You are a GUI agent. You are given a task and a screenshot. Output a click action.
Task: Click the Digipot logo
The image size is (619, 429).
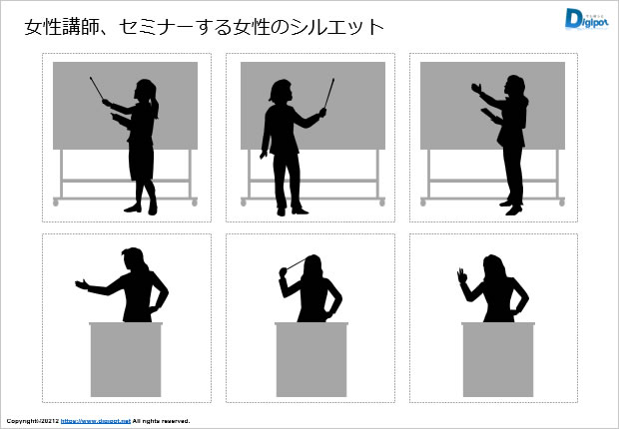coord(586,19)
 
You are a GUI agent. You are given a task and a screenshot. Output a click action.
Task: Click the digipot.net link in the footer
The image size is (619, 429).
coord(96,421)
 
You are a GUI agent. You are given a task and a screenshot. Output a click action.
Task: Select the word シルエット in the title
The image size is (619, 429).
coord(337,28)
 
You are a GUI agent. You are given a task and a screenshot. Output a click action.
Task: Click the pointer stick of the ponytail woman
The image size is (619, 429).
coord(97,89)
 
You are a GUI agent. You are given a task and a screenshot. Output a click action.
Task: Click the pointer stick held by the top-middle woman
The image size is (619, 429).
coord(329,93)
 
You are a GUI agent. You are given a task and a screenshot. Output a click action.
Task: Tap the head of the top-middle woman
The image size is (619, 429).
coord(282,91)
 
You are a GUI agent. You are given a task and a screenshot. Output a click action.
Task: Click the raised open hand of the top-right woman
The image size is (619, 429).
coord(476,88)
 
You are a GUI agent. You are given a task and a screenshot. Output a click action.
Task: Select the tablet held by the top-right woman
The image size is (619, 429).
coord(488,114)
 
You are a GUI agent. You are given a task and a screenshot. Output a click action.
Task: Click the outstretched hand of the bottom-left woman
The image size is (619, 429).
coord(82,284)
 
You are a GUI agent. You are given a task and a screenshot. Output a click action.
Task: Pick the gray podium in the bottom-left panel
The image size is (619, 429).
coord(126,359)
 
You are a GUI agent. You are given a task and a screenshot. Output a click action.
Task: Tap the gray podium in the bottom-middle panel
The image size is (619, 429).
coord(311,359)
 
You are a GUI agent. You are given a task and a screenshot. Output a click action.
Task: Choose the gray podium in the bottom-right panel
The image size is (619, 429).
coord(498,359)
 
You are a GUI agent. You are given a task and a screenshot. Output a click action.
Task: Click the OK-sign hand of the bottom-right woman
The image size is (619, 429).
coord(462,275)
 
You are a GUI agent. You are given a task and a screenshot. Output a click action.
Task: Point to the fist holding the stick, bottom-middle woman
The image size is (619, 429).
coord(283,272)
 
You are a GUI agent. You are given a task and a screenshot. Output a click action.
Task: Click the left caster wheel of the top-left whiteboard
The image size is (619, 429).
coord(56,203)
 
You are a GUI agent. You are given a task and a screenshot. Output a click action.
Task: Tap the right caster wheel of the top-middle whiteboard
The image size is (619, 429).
coord(381,203)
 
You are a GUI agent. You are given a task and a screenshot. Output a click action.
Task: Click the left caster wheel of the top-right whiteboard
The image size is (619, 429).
coord(423,203)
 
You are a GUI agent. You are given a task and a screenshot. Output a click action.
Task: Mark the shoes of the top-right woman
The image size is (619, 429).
coord(511,208)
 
